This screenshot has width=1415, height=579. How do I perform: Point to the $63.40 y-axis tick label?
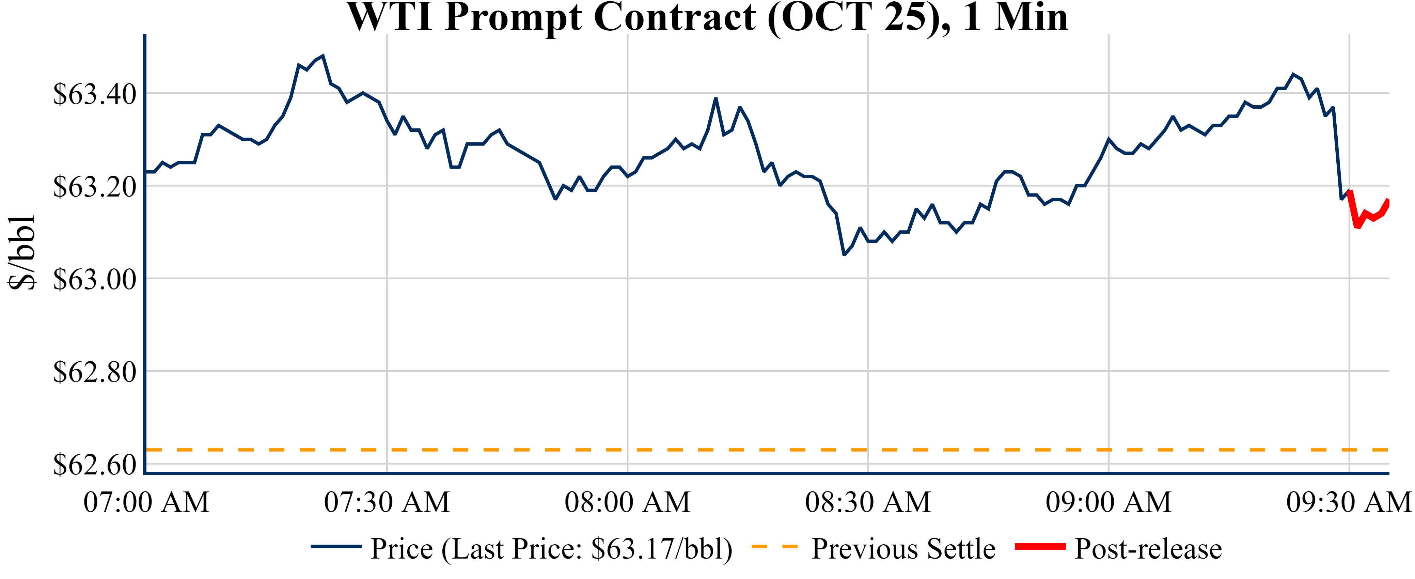pos(94,94)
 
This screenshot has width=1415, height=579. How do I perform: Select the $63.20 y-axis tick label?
pos(94,187)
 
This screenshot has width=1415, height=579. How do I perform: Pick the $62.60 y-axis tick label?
pos(94,465)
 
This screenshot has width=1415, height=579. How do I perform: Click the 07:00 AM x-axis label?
pos(146,502)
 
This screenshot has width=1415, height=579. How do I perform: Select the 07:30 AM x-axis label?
pos(387,502)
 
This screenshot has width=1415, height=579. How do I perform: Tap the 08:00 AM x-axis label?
pos(627,502)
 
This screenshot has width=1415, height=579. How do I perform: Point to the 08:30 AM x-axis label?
pos(868,502)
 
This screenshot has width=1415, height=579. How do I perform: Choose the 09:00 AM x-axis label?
pos(1109,502)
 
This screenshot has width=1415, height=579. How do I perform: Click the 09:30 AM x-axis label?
pos(1349,502)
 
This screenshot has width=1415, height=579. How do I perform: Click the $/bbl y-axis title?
pos(22,252)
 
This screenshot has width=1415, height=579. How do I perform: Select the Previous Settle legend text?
pos(903,549)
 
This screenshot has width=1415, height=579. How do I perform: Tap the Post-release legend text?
pos(1148,549)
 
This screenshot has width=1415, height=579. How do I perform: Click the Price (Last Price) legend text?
pos(551,549)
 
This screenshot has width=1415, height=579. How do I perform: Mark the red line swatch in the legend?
pos(1040,547)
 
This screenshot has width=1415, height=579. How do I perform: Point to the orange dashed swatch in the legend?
pos(774,547)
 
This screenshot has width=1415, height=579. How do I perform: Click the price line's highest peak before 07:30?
pos(323,56)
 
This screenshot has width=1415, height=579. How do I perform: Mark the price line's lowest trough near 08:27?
pos(844,255)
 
